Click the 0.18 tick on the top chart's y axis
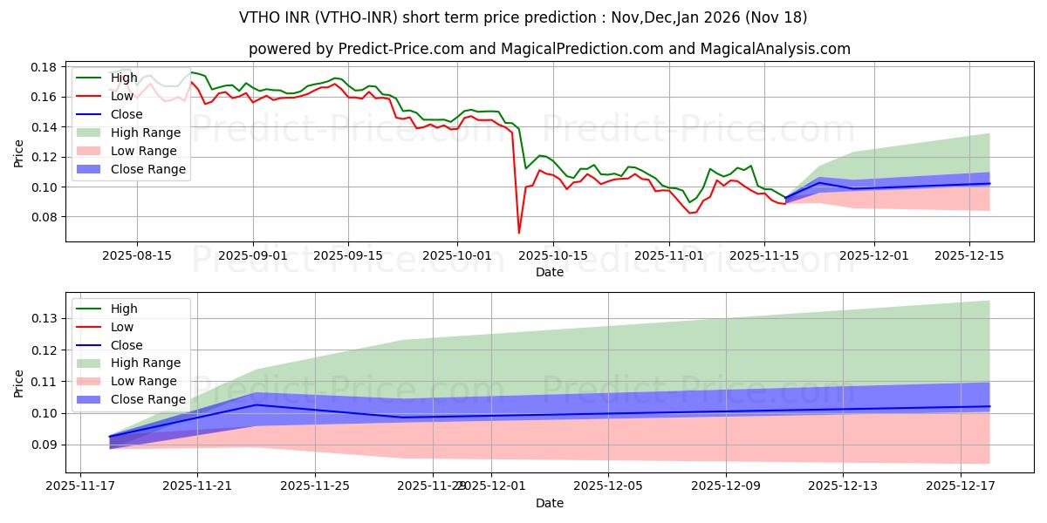[x=44, y=67]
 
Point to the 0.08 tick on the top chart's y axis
[x=44, y=217]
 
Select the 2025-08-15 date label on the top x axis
[x=136, y=255]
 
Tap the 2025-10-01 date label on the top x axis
[x=458, y=255]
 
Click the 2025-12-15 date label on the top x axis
[x=970, y=255]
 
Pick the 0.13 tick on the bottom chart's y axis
[x=44, y=318]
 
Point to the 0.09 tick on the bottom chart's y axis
[x=44, y=445]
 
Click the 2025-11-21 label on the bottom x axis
[x=197, y=486]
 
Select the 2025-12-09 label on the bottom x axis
[x=726, y=486]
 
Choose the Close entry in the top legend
[x=127, y=114]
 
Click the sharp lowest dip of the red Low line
[x=519, y=232]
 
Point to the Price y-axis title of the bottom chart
[x=19, y=383]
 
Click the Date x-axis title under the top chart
[x=550, y=272]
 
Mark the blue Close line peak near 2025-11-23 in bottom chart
[x=256, y=404]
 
